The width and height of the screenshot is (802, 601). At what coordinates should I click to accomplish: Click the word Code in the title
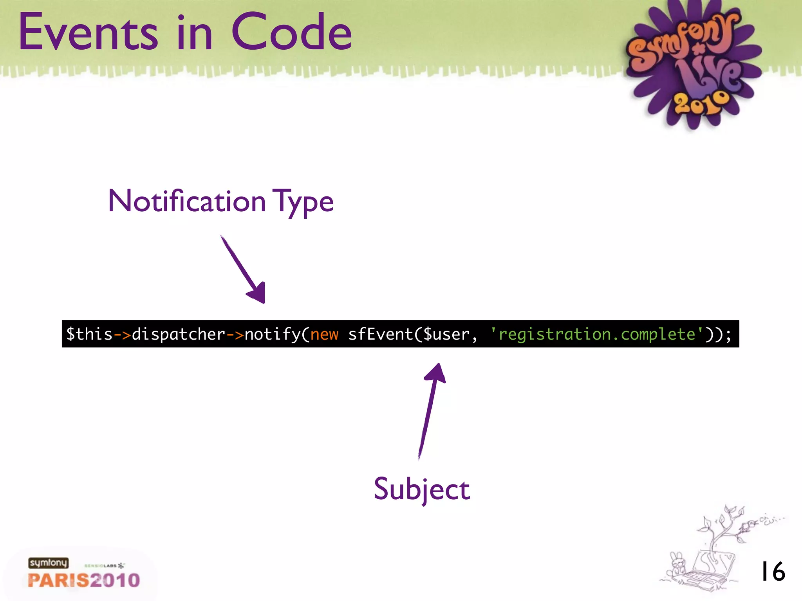tap(292, 32)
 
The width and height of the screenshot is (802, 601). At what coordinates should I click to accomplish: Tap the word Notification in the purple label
tap(187, 202)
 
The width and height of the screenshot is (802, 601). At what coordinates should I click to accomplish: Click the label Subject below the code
tap(422, 489)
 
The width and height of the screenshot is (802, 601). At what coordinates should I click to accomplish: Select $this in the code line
tap(89, 334)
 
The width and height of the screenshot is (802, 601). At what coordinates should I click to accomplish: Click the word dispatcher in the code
tap(179, 334)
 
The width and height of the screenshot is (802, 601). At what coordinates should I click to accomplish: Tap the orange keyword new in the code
tap(324, 335)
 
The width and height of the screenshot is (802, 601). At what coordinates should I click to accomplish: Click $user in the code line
tap(446, 334)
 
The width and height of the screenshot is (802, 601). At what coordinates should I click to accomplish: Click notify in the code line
tap(273, 334)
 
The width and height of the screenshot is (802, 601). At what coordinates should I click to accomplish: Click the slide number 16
tap(773, 571)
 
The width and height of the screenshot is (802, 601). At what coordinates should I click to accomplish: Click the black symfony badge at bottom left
tap(48, 563)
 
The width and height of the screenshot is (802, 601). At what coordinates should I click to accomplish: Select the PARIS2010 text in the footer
tap(84, 580)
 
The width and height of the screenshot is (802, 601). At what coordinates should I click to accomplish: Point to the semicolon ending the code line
tap(728, 335)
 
